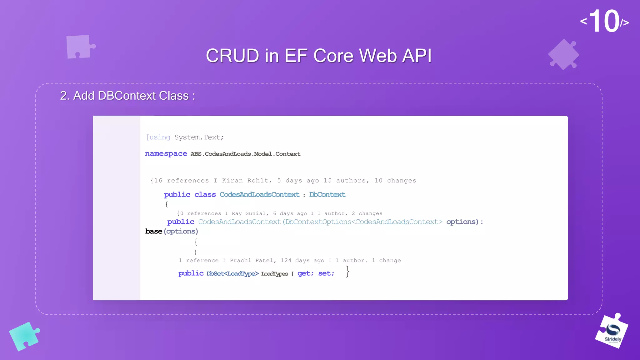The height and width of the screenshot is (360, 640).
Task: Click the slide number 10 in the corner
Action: coord(604,21)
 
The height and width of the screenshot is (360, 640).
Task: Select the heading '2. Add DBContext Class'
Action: coord(127,96)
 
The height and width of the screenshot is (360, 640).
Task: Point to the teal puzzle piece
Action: coord(24,336)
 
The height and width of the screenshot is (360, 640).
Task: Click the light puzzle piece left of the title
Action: coord(79,47)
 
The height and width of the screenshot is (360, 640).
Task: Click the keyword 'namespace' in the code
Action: coord(166,154)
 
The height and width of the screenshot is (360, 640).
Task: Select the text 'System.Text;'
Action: coord(199,137)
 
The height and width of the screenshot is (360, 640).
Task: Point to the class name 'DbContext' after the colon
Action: coord(327,194)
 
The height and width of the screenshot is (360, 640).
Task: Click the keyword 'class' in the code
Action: coord(205,194)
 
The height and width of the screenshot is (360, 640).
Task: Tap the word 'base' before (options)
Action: coord(153,231)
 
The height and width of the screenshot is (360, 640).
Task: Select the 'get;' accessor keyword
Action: coord(305,273)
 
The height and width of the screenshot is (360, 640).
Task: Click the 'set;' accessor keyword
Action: coord(326,273)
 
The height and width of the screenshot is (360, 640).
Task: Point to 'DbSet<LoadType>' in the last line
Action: coord(232,274)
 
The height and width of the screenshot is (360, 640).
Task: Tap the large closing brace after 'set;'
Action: coord(347,271)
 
